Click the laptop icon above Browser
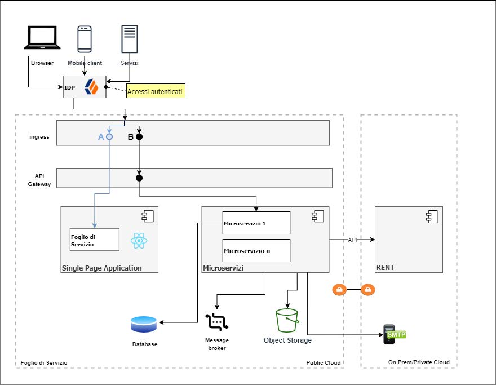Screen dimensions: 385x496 (x=42, y=38)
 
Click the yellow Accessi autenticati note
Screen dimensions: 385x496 (x=156, y=91)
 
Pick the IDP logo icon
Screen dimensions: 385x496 (x=91, y=87)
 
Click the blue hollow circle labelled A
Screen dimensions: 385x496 (x=109, y=136)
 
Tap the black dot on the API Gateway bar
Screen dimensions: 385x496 (x=139, y=178)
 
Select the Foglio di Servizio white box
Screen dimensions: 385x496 (x=95, y=239)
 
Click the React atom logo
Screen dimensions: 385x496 (x=139, y=241)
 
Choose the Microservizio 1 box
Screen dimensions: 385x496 (x=256, y=223)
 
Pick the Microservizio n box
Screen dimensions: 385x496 (x=256, y=250)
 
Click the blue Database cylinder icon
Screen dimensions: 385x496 (x=144, y=324)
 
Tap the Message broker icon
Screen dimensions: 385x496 (x=216, y=322)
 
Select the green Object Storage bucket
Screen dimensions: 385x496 (x=287, y=321)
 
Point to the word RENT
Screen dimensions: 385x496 (x=385, y=267)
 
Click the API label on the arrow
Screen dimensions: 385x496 (x=352, y=240)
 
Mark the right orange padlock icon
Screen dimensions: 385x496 (x=367, y=290)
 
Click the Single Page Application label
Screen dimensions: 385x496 (x=101, y=268)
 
